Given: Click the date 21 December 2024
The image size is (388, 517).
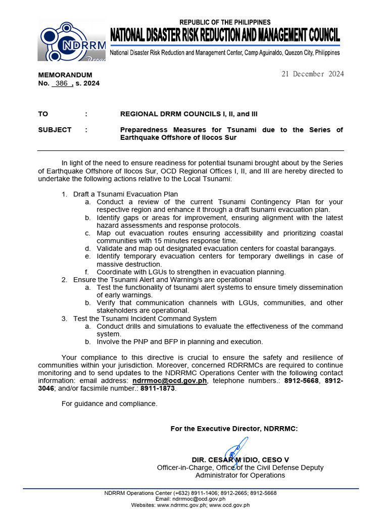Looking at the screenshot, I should pyautogui.click(x=312, y=74).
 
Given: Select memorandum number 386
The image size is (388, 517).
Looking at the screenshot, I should pyautogui.click(x=62, y=83).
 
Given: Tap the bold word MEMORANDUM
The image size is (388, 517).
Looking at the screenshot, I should pyautogui.click(x=65, y=75).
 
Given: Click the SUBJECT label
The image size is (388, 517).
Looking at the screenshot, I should pyautogui.click(x=55, y=130).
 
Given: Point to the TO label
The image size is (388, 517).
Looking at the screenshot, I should pyautogui.click(x=43, y=114).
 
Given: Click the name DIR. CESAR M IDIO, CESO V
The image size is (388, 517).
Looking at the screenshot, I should pyautogui.click(x=240, y=459).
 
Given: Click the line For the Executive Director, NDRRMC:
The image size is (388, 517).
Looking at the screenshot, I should pyautogui.click(x=234, y=429).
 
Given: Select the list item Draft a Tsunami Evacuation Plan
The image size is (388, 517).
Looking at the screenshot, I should pyautogui.click(x=125, y=194).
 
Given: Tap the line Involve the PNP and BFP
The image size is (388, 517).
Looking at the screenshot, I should pyautogui.click(x=180, y=342).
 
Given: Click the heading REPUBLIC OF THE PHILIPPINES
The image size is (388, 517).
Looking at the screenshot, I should pyautogui.click(x=225, y=22).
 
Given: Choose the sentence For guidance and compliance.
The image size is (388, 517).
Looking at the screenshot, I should pyautogui.click(x=109, y=403).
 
